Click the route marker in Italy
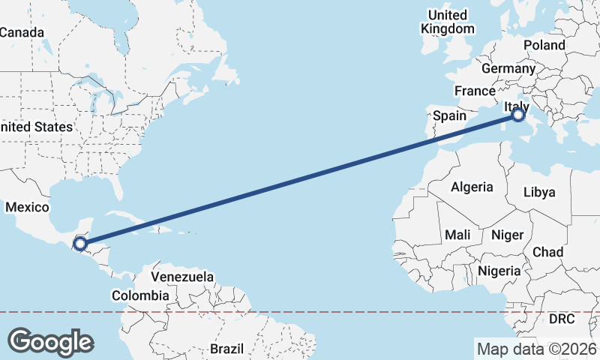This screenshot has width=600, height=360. tap(518, 115)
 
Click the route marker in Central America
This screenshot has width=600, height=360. tap(80, 243)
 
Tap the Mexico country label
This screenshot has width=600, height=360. tap(27, 207)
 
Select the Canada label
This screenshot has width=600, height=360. tap(22, 32)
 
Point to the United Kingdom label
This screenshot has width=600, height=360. tap(448, 22)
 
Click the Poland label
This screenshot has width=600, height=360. tap(544, 45)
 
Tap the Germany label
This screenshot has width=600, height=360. tap(508, 68)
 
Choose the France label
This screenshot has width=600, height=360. tap(475, 91)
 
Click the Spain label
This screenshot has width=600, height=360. tap(450, 116)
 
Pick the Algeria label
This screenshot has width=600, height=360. tap(472, 187)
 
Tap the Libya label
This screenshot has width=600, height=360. tap(539, 192)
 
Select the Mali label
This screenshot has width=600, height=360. tap(457, 235)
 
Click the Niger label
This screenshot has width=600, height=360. tap(507, 235)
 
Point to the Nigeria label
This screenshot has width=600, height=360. tap(499, 270)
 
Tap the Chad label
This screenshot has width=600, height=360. tap(547, 252)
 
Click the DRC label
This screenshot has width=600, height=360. tap(561, 319)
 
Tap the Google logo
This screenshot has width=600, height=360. tap(51, 341)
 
